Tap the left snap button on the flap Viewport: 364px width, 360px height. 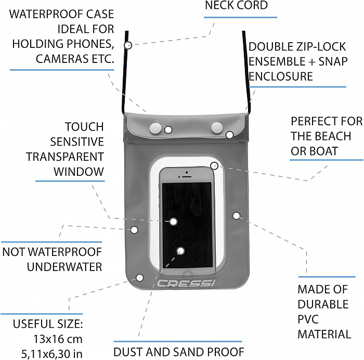tap(154, 126)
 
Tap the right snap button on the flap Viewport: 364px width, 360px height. tap(217, 126)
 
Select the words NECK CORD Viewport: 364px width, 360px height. tap(236, 6)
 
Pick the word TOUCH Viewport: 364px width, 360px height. tap(84, 126)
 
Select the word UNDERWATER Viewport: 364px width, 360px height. tap(64, 267)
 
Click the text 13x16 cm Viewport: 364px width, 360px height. tap(58, 339)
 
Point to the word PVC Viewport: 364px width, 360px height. tap(308, 319)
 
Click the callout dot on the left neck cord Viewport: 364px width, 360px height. tap(128, 45)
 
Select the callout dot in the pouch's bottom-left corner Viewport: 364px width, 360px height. tap(139, 278)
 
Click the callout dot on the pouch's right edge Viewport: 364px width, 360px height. tap(237, 215)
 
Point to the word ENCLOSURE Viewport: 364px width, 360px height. tap(281, 76)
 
